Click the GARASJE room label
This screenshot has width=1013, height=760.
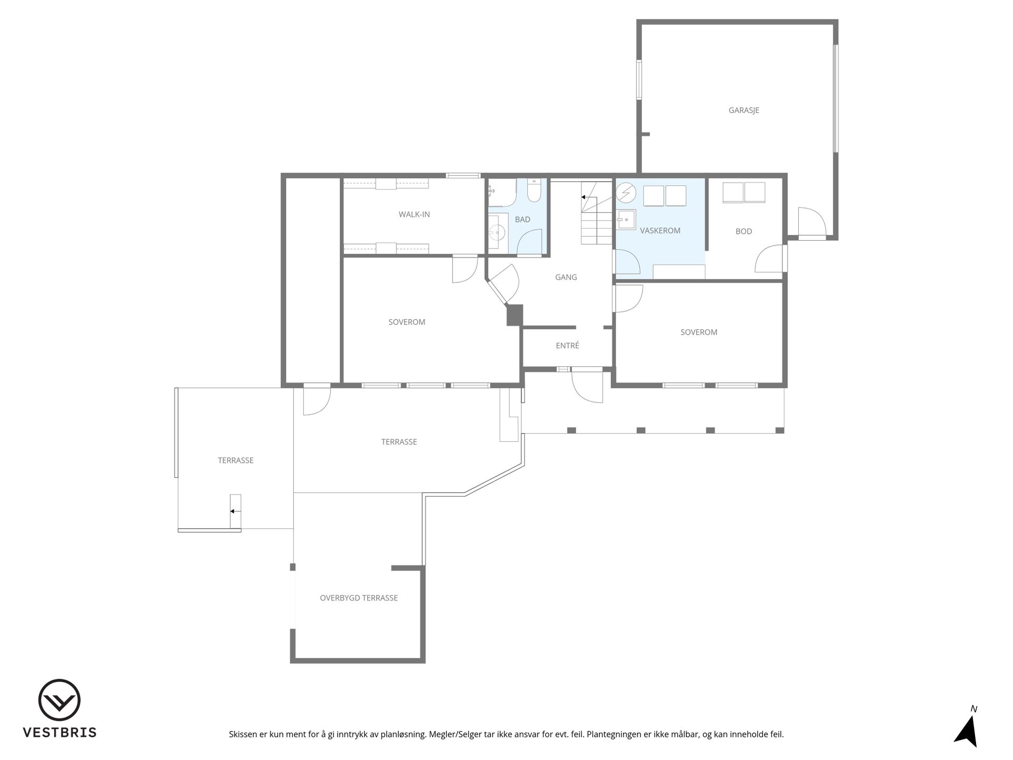click(x=744, y=110)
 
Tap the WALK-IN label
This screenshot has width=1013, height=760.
click(x=414, y=214)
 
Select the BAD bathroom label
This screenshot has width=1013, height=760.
click(x=522, y=220)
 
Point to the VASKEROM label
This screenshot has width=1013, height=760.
click(x=660, y=231)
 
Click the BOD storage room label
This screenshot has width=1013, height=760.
click(x=743, y=231)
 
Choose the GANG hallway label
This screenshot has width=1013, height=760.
click(x=566, y=277)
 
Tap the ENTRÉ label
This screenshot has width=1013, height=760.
click(x=568, y=346)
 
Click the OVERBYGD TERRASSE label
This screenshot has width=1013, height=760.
click(x=359, y=598)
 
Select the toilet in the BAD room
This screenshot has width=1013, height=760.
click(x=534, y=192)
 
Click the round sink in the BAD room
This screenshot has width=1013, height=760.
click(x=496, y=231)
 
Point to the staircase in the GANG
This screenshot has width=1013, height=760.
click(x=596, y=213)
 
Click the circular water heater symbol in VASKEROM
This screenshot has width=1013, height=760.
click(x=626, y=193)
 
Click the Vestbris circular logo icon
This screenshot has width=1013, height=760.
click(x=59, y=700)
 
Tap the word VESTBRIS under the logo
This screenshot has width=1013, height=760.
click(x=59, y=733)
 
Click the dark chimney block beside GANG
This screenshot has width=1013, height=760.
click(x=514, y=315)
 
